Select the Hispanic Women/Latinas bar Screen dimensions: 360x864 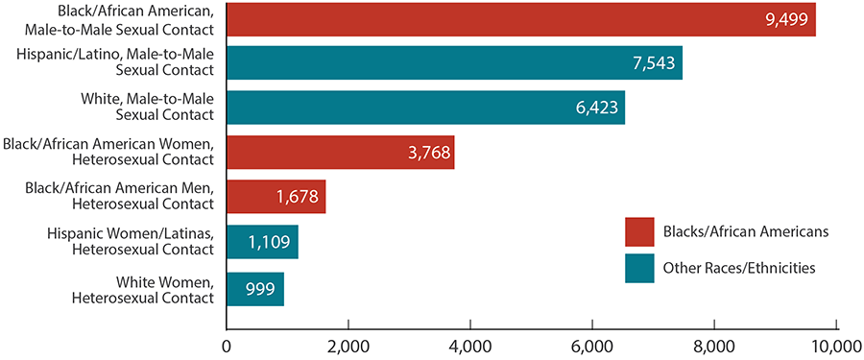coord(262,242)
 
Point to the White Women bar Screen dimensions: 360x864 coord(254,288)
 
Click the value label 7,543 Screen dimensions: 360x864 coord(653,63)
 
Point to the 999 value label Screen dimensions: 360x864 coord(254,288)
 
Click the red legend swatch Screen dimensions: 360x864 coord(638,231)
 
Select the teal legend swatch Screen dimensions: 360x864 coord(638,269)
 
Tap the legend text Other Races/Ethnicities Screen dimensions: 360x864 coord(738,269)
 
